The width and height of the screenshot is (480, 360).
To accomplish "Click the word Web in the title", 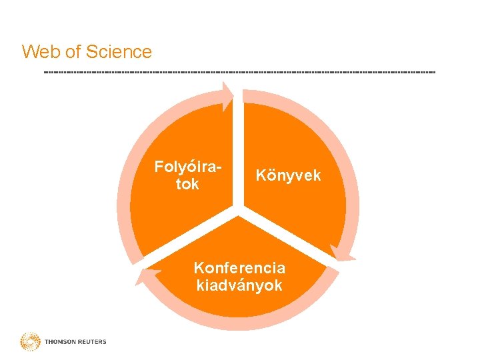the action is [37, 51].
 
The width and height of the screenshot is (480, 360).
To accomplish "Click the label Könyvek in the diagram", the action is [289, 175].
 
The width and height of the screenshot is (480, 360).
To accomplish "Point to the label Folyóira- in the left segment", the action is [187, 166].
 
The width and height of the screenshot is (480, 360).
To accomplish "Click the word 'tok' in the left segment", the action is [187, 184].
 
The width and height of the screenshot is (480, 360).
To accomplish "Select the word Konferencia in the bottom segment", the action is [239, 268].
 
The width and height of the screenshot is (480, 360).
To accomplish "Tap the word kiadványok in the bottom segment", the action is [239, 286].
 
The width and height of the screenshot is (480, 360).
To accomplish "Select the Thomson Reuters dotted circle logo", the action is [30, 342].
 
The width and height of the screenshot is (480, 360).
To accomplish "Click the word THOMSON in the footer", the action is [60, 342].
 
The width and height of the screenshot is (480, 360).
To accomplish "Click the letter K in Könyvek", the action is [261, 175].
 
